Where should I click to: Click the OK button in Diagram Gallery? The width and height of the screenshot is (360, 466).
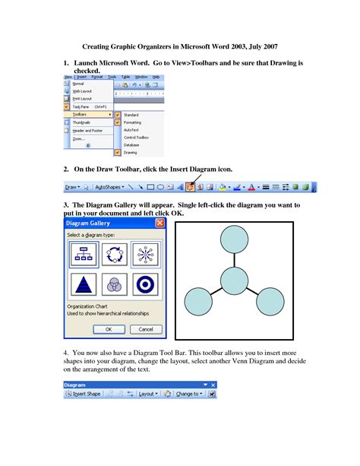click(109, 329)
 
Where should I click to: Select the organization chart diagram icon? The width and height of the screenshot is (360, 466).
click(81, 253)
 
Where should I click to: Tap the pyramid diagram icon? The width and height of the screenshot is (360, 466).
click(81, 286)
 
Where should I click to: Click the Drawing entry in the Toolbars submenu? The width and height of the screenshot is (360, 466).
click(131, 152)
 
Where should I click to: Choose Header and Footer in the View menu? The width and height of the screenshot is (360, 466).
click(88, 130)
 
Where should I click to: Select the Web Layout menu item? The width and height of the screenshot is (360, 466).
click(84, 90)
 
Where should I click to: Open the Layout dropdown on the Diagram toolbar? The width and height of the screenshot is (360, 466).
click(148, 394)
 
